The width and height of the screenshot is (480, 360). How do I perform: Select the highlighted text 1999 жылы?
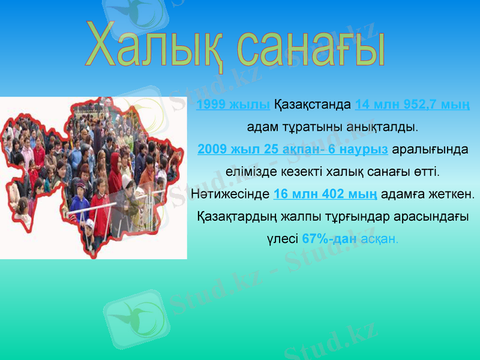point(233,105)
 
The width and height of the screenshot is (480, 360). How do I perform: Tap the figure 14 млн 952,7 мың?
point(412,105)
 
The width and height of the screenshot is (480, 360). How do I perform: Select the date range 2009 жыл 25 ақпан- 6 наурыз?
point(292,149)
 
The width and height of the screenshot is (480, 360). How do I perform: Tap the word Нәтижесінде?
point(230,194)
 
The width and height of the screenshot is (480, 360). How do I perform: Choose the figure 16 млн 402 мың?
point(325,194)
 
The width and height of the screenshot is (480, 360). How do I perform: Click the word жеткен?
point(450,194)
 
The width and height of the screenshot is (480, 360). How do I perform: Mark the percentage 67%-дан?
point(329,238)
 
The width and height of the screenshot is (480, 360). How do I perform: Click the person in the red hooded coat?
point(115,174)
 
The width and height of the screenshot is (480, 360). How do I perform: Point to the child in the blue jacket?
point(80,204)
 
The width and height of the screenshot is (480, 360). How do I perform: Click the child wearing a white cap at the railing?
point(90,228)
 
